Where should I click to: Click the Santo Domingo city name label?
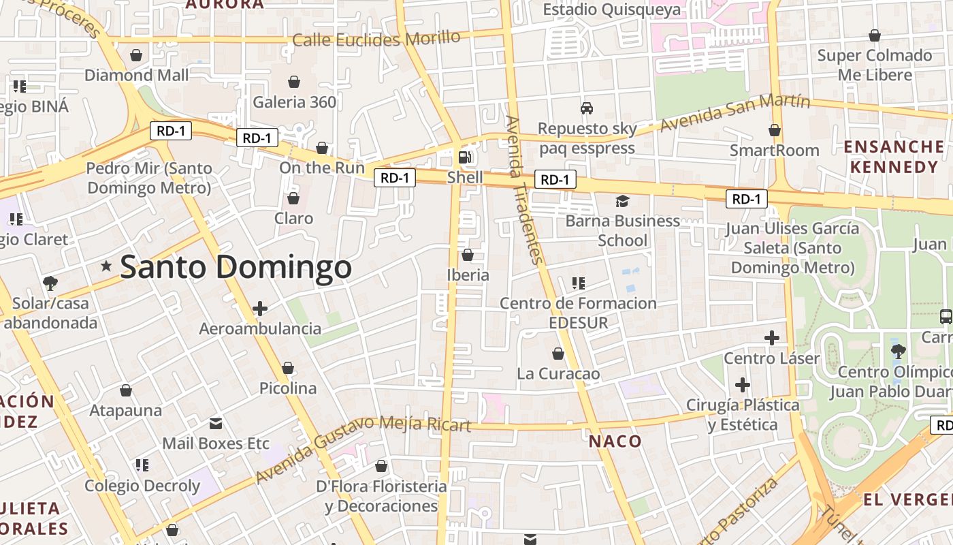click(x=236, y=267)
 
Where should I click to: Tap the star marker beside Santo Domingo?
click(x=106, y=266)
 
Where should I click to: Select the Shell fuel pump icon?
click(x=465, y=157)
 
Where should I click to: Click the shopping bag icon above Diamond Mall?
click(x=136, y=55)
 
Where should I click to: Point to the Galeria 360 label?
click(x=295, y=102)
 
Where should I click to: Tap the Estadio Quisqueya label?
click(x=611, y=10)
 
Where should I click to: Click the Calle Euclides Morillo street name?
click(x=376, y=39)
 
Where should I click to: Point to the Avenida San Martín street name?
click(x=735, y=113)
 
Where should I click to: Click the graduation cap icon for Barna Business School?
click(x=622, y=201)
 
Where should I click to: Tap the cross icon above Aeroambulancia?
click(x=259, y=309)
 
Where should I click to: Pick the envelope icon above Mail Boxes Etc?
click(x=216, y=424)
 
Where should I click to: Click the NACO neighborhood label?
click(x=615, y=441)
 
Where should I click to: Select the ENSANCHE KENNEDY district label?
click(x=894, y=157)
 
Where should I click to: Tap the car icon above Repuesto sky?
click(x=586, y=108)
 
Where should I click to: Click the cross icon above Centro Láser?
click(x=771, y=338)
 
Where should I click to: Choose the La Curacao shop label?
click(x=558, y=374)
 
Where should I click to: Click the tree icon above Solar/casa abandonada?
click(x=50, y=283)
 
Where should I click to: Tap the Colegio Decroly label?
click(x=142, y=486)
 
